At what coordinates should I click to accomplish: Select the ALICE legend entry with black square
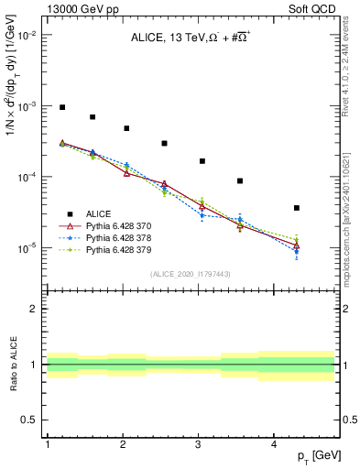pos(95,213)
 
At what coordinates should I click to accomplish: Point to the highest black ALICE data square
pos(62,107)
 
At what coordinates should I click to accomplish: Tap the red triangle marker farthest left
pos(62,143)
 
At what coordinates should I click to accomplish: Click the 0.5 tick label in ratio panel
pos(28,420)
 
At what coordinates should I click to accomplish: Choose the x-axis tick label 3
pos(199,443)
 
